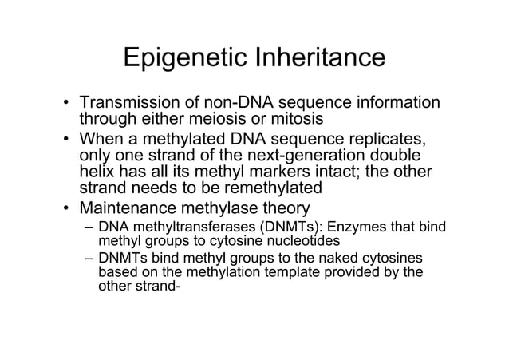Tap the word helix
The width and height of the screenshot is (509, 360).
pos(97,172)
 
